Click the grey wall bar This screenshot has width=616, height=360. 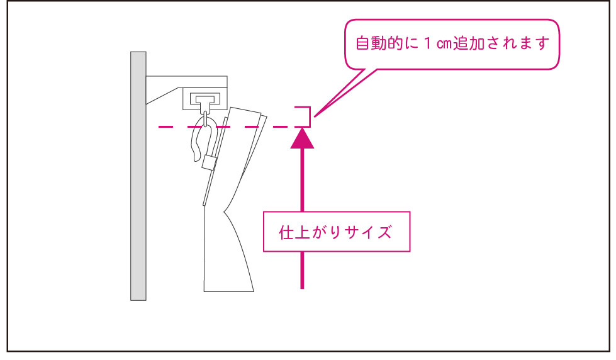coord(138,176)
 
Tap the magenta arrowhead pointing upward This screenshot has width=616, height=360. coord(302,138)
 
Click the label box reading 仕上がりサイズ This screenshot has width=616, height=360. coord(337,232)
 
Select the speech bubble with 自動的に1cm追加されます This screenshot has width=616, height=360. coord(452,44)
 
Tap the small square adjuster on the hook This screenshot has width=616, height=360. coord(210,162)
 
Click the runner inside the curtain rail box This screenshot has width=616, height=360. coord(205,101)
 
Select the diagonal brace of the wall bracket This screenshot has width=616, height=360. coord(162,96)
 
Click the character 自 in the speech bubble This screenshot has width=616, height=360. coord(363,43)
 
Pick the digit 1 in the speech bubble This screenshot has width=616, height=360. coord(427,43)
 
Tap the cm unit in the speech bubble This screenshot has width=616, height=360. coord(444,44)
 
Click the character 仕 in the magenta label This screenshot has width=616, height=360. coord(286,232)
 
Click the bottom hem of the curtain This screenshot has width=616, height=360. coord(228,291)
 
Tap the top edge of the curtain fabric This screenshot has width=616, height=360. coord(246,111)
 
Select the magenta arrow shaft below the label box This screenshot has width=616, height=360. coord(302,271)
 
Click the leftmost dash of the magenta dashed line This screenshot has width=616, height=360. coord(165,127)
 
